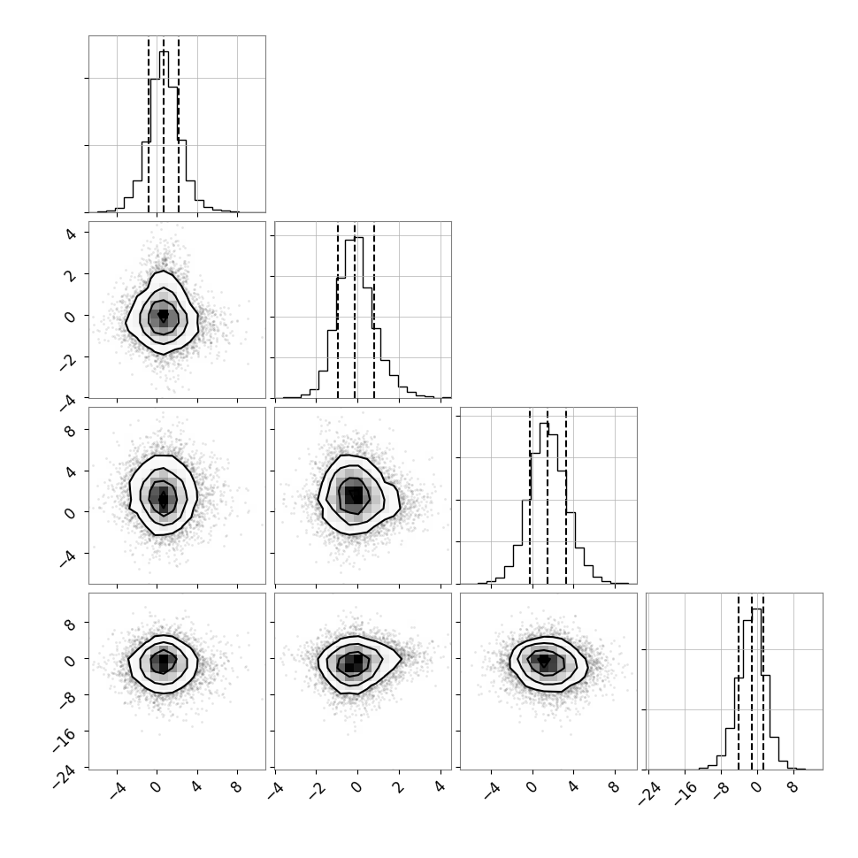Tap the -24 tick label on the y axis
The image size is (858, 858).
(x=65, y=777)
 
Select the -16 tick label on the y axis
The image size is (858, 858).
(x=65, y=739)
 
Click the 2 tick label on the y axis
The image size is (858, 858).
(x=71, y=275)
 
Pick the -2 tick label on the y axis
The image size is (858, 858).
(x=68, y=362)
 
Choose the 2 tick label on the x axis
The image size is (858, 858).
(x=400, y=787)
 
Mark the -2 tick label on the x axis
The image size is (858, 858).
(x=318, y=790)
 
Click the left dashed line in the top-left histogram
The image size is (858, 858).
(x=149, y=124)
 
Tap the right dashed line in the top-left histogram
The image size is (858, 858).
(x=179, y=124)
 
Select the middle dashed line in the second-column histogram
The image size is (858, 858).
(x=355, y=310)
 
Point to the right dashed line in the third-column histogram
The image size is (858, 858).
(x=566, y=495)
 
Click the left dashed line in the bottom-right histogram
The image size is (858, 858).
(x=739, y=681)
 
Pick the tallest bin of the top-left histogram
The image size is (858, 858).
(x=165, y=131)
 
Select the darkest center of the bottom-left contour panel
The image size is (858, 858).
(x=163, y=663)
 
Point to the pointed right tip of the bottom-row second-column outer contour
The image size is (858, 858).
(x=401, y=658)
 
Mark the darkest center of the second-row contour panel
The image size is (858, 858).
(x=163, y=317)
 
